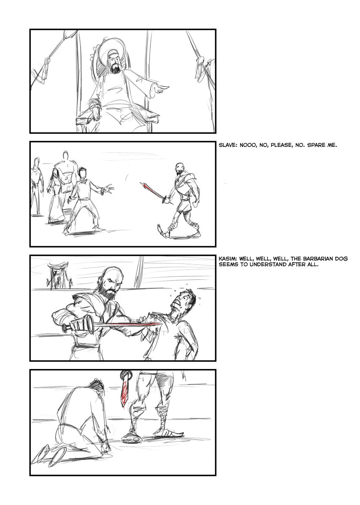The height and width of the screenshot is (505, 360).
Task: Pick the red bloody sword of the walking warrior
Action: (156, 191)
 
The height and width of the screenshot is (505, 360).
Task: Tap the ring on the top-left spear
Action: (47, 61)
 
